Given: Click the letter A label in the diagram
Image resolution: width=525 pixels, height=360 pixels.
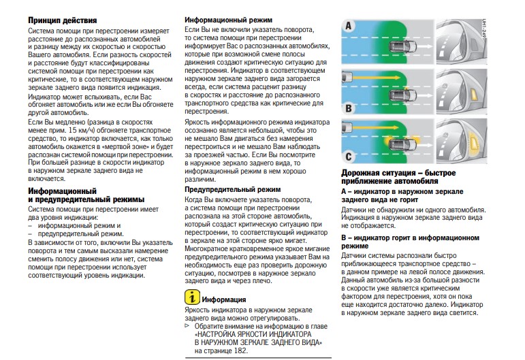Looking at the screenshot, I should click(349, 27).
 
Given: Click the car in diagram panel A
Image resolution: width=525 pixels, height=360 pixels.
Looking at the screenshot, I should click(402, 46).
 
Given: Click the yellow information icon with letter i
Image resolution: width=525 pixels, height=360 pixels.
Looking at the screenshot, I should click(193, 297).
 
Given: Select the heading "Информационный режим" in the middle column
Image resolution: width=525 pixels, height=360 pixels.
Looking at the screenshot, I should click(229, 20).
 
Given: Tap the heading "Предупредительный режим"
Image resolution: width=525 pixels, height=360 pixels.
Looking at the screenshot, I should click(232, 189).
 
